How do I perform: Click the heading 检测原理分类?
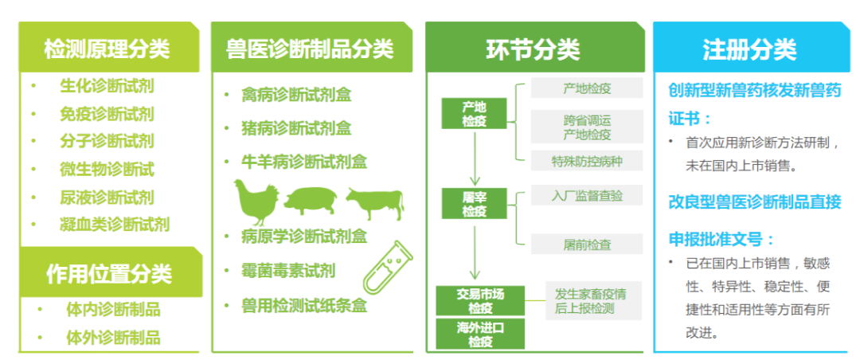pos(107,49)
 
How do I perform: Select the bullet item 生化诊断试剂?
pos(107,86)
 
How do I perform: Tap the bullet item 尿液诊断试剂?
pos(107,197)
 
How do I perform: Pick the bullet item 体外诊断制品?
pos(113,337)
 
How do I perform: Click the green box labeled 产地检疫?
pos(475,114)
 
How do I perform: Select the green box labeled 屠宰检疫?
pos(475,204)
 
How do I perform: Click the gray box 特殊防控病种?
pos(586,162)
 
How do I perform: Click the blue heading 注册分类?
pos(749,49)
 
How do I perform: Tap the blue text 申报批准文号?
pos(721,239)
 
